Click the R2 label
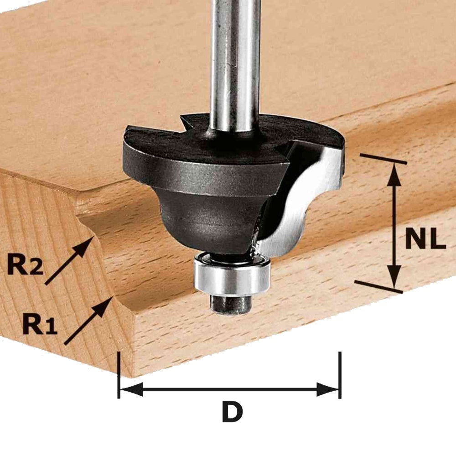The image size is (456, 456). pos(25,264)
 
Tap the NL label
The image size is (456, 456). pos(425,238)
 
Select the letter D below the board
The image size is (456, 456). pos(232,411)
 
